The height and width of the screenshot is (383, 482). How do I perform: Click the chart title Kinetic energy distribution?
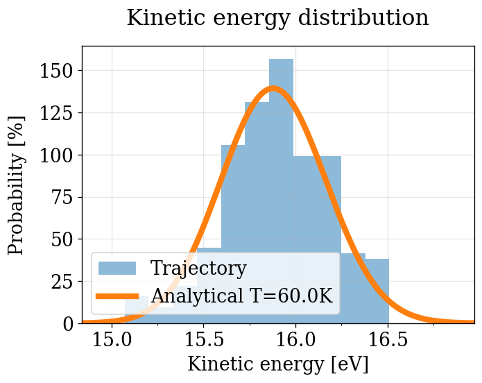(x=277, y=18)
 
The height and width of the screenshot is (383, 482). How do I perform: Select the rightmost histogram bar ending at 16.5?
(x=377, y=291)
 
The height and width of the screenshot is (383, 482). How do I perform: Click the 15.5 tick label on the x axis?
(x=204, y=340)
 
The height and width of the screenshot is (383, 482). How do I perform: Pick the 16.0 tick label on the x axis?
(x=295, y=340)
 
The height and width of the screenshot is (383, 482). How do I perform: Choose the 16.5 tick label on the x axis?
(x=387, y=340)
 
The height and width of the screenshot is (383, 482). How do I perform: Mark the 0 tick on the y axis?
(x=67, y=324)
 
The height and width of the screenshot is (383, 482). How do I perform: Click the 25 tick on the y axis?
(x=62, y=282)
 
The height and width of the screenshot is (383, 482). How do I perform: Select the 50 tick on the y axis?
(x=62, y=239)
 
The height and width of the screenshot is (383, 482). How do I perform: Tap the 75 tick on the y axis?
(x=62, y=197)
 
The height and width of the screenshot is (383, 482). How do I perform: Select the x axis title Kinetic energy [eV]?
(x=277, y=364)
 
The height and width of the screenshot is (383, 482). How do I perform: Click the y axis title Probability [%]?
(x=17, y=185)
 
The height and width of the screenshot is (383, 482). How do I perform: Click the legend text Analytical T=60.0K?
(x=242, y=296)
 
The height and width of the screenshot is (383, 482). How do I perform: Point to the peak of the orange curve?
(x=273, y=88)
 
